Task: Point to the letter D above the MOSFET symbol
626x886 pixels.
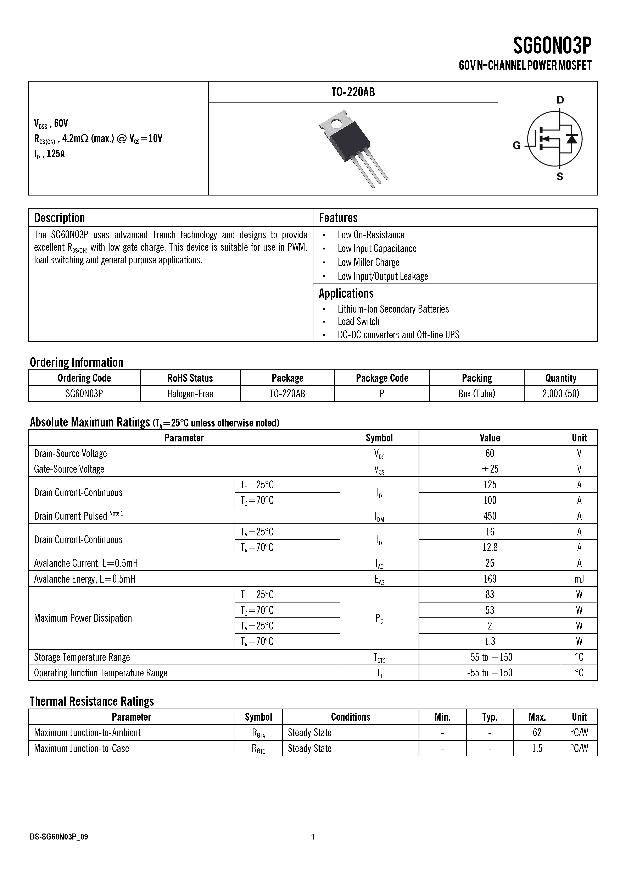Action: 560,100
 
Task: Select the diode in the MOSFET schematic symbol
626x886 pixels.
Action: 571,138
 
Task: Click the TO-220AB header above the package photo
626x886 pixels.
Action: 353,92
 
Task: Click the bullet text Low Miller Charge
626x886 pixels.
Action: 368,262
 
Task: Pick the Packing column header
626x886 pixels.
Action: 477,378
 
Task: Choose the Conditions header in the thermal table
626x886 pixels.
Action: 350,717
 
